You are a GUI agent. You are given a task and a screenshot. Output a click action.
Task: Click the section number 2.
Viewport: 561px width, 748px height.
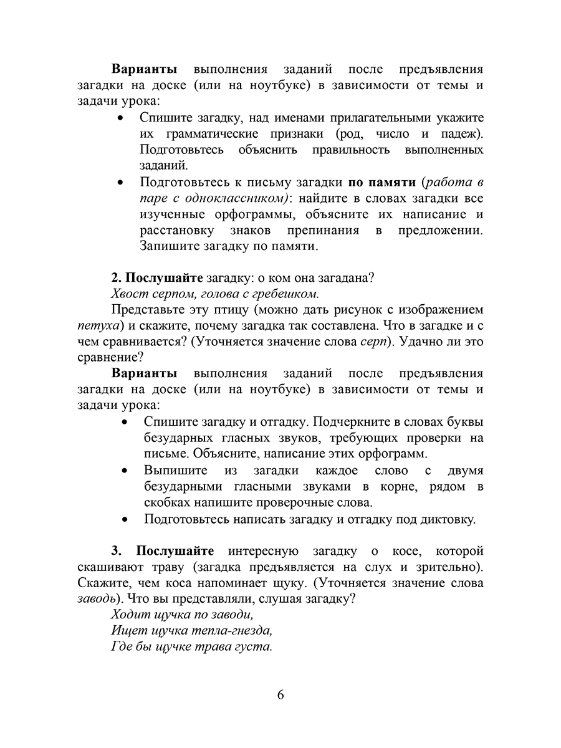[115, 277]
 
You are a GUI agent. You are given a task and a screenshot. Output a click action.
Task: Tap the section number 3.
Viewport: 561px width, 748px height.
[115, 551]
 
